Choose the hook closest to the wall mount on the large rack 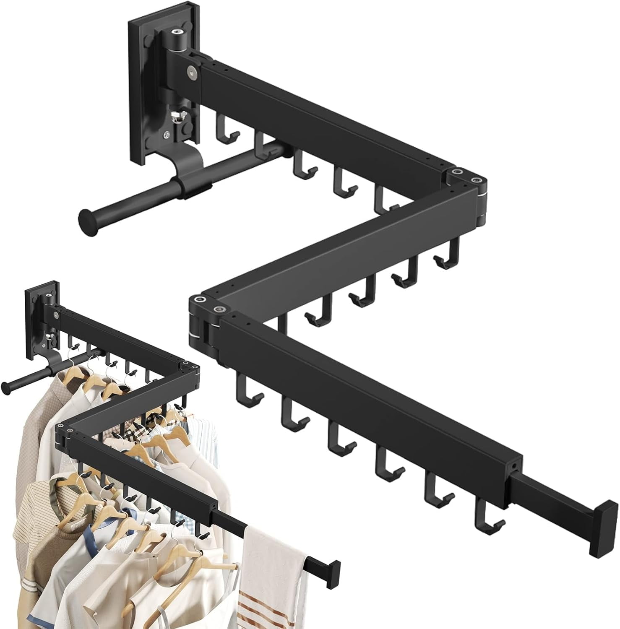pos(224,126)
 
